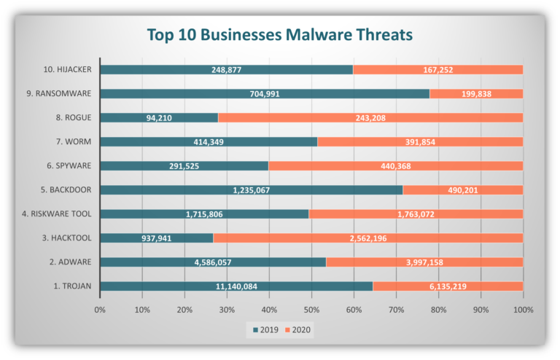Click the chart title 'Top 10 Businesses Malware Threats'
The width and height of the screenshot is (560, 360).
(279, 34)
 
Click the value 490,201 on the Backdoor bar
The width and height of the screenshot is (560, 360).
(463, 190)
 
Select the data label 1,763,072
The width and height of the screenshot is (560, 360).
(416, 214)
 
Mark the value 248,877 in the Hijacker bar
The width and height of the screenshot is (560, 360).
(226, 69)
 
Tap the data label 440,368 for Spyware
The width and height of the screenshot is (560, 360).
(396, 166)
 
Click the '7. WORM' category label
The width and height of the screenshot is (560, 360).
(72, 141)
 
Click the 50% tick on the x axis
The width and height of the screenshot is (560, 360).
(311, 310)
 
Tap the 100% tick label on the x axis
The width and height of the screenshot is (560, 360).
(522, 310)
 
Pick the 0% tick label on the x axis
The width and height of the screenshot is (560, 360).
(100, 310)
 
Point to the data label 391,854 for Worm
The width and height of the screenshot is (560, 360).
(421, 141)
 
